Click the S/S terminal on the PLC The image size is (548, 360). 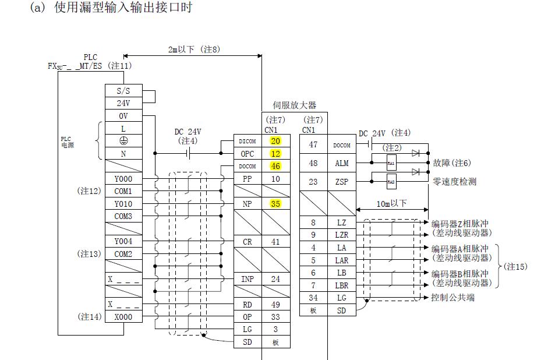(x=123, y=91)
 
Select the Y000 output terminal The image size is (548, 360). (x=123, y=179)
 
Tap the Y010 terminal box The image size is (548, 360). (x=123, y=204)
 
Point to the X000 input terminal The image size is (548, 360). (x=123, y=317)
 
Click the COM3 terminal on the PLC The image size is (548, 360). (x=123, y=216)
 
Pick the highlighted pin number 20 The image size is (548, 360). (x=275, y=141)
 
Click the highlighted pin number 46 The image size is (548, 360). (x=275, y=166)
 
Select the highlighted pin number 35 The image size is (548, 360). (x=275, y=204)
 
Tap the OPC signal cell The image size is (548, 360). (x=248, y=154)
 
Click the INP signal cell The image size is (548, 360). (x=248, y=279)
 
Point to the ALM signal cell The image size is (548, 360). (x=342, y=164)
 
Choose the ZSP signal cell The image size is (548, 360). (x=342, y=182)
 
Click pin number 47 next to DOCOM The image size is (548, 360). (x=313, y=144)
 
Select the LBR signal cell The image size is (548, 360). (x=342, y=285)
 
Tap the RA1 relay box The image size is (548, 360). (x=391, y=164)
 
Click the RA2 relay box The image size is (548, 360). (x=391, y=182)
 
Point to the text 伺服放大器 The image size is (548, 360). (x=295, y=105)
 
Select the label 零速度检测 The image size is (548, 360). (x=454, y=182)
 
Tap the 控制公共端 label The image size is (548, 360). (x=452, y=298)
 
